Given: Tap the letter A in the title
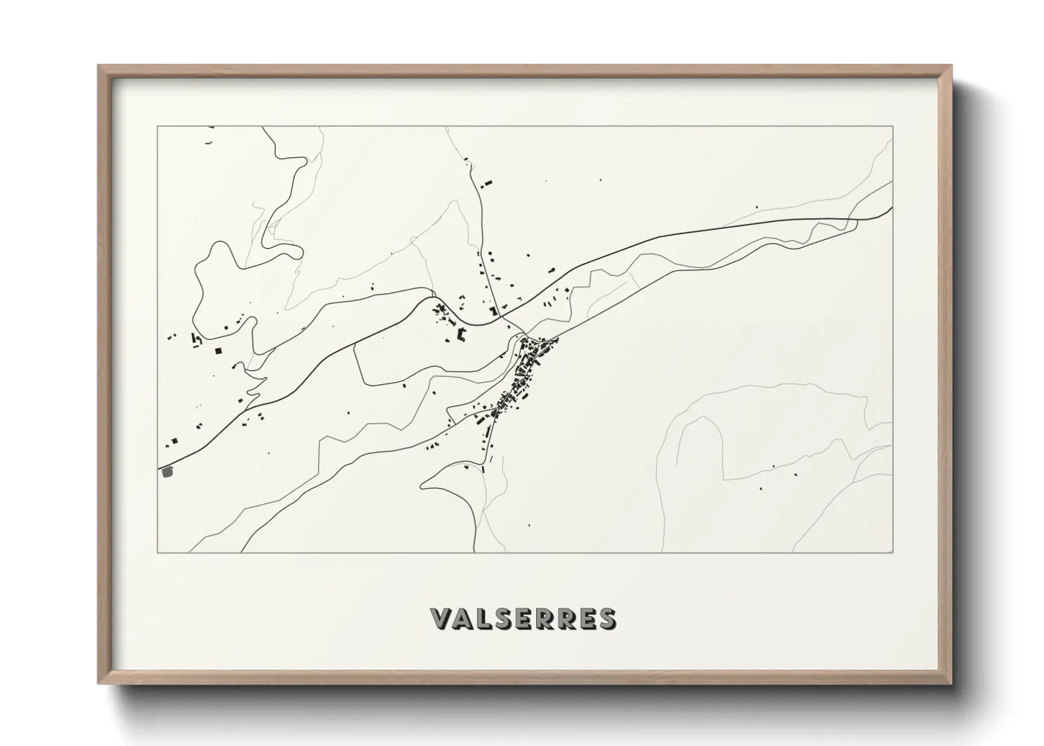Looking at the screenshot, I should pos(464,618).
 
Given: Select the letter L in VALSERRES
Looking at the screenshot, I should pos(487,618).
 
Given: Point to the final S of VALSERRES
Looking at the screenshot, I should pos(605,618).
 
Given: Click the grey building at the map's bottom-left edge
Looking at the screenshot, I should pos(167,472).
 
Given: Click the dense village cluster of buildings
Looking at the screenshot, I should pos(526,374).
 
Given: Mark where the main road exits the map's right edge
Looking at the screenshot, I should pos(892,209).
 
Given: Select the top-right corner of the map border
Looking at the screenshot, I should pos(893,127).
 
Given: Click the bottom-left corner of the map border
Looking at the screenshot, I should pos(157,552).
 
